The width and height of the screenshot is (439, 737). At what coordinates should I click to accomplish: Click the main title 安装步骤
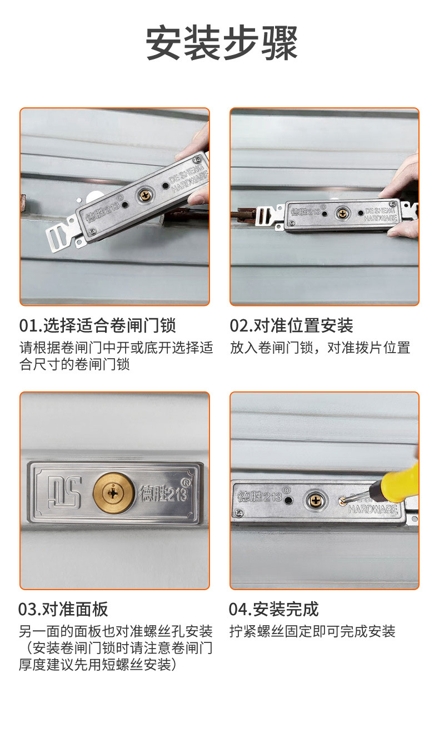(x=222, y=43)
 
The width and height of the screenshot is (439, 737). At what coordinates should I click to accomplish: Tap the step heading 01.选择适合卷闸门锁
(x=98, y=325)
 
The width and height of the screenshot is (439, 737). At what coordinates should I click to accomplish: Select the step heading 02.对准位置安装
(x=292, y=325)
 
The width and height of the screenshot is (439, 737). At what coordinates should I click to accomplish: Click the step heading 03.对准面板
(x=63, y=609)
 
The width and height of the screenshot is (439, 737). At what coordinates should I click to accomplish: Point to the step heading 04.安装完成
(x=274, y=609)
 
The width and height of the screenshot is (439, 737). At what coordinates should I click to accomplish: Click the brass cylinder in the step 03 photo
(x=114, y=493)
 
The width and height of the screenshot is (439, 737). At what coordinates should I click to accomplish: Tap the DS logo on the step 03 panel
(x=64, y=492)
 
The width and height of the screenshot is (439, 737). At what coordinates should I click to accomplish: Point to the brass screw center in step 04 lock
(x=317, y=500)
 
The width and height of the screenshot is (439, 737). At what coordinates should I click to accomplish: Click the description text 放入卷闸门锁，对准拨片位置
(x=320, y=348)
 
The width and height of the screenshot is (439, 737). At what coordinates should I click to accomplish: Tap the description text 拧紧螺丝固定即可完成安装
(x=312, y=631)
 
